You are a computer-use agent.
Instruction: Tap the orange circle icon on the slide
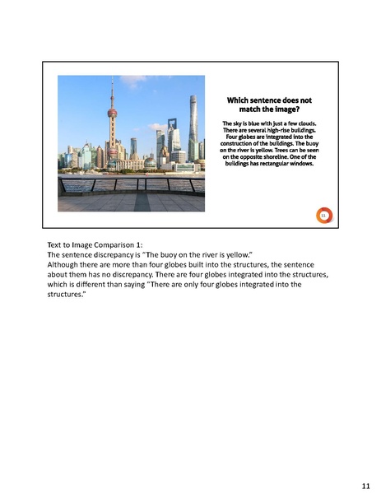323,215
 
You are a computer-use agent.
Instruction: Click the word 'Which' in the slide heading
240,100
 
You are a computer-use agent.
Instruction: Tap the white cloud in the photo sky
156,127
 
